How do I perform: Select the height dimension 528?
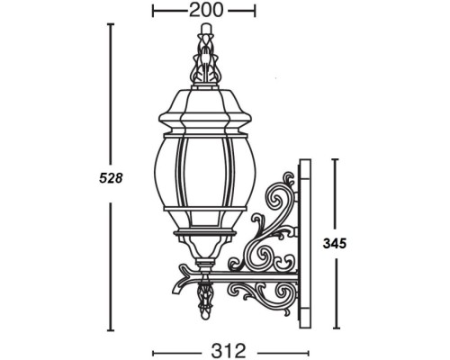click(x=111, y=178)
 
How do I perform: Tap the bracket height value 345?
click(x=334, y=243)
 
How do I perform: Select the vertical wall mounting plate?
click(x=304, y=238)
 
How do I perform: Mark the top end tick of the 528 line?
click(x=110, y=24)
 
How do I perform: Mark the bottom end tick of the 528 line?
click(x=110, y=330)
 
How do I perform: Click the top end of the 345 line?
click(x=335, y=160)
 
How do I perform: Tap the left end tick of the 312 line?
click(x=154, y=351)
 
